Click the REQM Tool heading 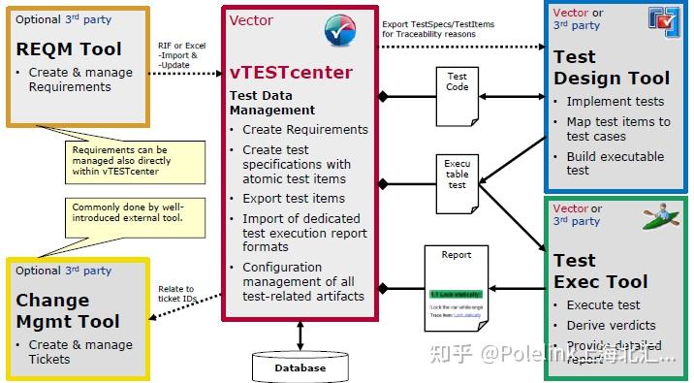(70, 49)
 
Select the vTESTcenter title (291, 73)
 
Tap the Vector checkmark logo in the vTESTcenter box (339, 31)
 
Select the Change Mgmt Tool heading (67, 310)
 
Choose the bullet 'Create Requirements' (304, 129)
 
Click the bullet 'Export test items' (293, 199)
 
